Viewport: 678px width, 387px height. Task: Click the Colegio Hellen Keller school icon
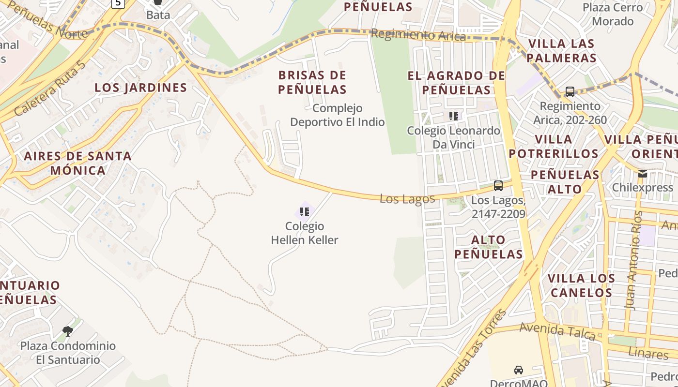304,211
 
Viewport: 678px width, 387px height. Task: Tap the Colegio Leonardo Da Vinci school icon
453,116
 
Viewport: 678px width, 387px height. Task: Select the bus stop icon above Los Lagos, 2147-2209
498,185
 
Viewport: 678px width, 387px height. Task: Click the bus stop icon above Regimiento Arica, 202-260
570,91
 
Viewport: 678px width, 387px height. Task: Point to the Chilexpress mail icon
642,174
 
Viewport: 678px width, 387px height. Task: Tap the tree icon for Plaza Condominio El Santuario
68,331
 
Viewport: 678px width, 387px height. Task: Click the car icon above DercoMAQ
518,370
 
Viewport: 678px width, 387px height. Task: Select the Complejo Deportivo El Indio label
337,115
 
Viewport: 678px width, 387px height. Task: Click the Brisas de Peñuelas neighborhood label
312,82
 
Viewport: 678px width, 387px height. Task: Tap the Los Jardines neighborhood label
140,88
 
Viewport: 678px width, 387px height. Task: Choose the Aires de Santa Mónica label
78,163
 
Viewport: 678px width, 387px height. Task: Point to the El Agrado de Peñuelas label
456,83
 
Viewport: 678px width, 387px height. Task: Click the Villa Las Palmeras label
561,51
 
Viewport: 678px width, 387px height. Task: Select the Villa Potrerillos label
554,147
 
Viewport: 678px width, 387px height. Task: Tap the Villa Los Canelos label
581,285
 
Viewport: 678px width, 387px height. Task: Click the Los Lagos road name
407,198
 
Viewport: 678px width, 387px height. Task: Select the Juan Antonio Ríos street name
635,260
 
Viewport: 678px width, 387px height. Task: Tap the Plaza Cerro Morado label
613,15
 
